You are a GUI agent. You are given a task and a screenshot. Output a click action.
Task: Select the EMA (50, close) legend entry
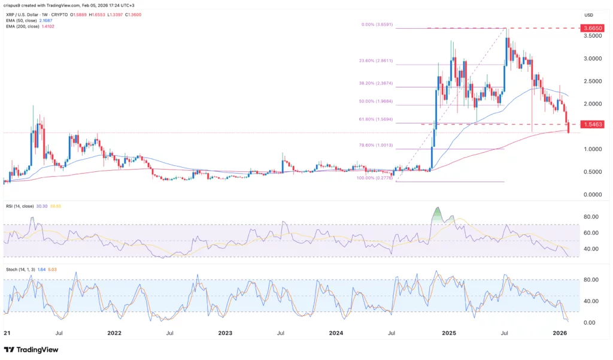pos(22,20)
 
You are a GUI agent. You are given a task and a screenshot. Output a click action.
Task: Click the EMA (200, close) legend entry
pos(23,26)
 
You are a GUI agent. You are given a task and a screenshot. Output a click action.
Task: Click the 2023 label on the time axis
pos(225,332)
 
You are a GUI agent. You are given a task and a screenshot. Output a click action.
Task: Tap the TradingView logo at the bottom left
pos(30,349)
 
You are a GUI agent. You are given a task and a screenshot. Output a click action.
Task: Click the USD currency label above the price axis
pos(589,15)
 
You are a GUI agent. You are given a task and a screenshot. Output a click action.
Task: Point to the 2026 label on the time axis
pos(560,332)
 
